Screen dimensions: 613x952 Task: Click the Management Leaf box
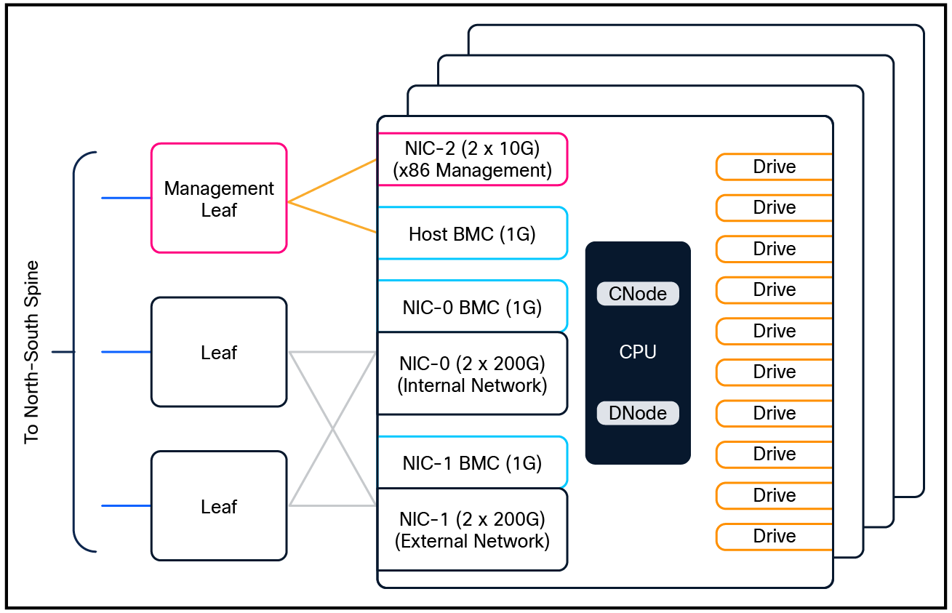click(219, 199)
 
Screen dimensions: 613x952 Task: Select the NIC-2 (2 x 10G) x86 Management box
click(472, 159)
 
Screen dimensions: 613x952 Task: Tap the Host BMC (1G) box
click(472, 233)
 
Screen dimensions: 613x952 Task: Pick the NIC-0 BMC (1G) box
click(472, 307)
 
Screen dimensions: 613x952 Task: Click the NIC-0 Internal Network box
click(472, 374)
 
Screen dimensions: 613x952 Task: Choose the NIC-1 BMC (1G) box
click(472, 462)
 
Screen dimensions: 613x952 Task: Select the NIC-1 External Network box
click(472, 529)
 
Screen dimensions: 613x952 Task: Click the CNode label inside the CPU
click(637, 294)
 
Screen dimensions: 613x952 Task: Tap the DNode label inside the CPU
click(637, 413)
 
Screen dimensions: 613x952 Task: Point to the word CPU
click(638, 353)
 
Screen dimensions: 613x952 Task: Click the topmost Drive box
click(774, 167)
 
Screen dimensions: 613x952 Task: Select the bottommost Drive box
click(774, 536)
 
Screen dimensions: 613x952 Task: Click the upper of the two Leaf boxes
click(219, 353)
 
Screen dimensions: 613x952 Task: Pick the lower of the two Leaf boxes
click(219, 506)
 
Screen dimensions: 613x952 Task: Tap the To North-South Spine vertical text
click(31, 353)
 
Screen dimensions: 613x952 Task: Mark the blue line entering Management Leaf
click(126, 198)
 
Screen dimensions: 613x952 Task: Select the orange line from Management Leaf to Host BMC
click(332, 217)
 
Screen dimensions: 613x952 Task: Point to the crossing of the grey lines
click(332, 429)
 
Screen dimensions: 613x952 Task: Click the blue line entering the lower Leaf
click(126, 505)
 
